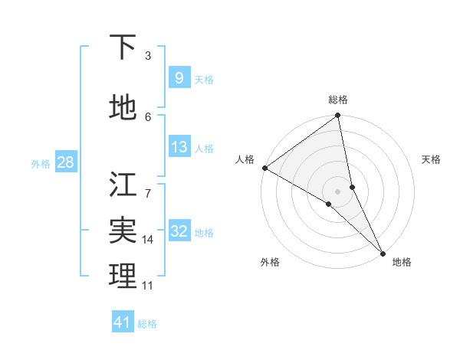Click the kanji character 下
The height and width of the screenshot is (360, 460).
click(123, 47)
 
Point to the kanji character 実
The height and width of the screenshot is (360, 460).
click(123, 231)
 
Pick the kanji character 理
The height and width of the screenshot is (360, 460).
click(123, 276)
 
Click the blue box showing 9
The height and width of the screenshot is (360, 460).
click(179, 78)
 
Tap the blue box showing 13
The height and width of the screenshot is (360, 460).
click(179, 148)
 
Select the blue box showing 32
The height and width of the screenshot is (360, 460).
click(179, 232)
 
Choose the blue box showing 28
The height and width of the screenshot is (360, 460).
click(64, 162)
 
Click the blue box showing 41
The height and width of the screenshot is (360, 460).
click(123, 322)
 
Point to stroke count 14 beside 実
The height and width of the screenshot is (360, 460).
click(148, 240)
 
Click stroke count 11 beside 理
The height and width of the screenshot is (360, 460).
click(148, 286)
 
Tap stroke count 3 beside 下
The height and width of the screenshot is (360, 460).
click(148, 56)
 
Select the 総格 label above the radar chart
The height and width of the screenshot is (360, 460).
click(338, 100)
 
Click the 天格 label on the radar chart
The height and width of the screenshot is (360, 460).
click(431, 159)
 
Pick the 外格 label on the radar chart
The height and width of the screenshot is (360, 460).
click(270, 262)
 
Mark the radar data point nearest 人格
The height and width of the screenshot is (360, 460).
click(264, 168)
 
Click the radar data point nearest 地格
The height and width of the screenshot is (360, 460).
click(383, 252)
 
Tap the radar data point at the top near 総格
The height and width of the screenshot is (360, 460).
click(338, 116)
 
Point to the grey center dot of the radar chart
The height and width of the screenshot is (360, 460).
click(338, 191)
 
